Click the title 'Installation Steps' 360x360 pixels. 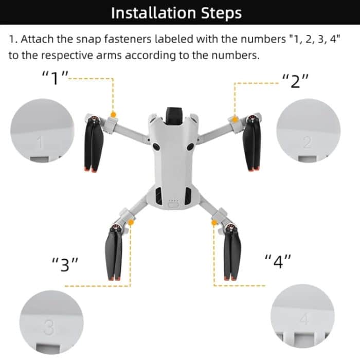pyautogui.click(x=176, y=13)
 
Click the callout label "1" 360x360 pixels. pyautogui.click(x=55, y=79)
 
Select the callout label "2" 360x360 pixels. pyautogui.click(x=295, y=81)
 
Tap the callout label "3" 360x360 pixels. pyautogui.click(x=66, y=265)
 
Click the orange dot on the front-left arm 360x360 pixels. pyautogui.click(x=114, y=114)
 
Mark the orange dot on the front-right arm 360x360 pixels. pyautogui.click(x=235, y=119)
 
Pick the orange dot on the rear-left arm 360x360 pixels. pyautogui.click(x=132, y=223)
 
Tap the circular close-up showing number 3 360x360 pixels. pyautogui.click(x=50, y=322)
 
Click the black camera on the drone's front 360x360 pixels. pyautogui.click(x=173, y=114)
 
